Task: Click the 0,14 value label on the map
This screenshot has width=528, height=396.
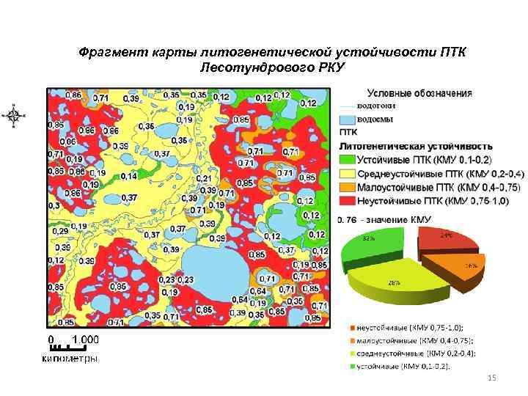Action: pyautogui.click(x=128, y=176)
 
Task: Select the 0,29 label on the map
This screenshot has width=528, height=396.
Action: pyautogui.click(x=59, y=231)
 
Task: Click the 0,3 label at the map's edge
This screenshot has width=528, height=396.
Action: pyautogui.click(x=54, y=206)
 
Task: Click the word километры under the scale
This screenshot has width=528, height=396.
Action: pyautogui.click(x=68, y=359)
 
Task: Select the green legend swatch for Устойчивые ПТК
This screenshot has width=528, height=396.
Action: pyautogui.click(x=347, y=160)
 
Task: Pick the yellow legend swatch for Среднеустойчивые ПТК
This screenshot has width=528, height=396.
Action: pyautogui.click(x=347, y=173)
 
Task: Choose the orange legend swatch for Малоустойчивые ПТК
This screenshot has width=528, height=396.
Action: pyautogui.click(x=347, y=187)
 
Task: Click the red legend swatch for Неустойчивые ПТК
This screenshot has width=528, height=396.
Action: pyautogui.click(x=347, y=201)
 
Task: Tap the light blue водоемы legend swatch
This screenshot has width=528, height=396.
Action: pyautogui.click(x=347, y=119)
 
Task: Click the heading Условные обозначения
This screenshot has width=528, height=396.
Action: pyautogui.click(x=419, y=93)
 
